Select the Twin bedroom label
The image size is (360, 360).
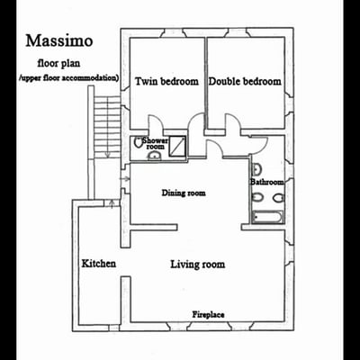tap(166, 82)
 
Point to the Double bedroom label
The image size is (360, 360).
tap(245, 81)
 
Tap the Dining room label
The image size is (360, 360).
tap(184, 193)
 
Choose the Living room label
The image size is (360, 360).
tap(198, 265)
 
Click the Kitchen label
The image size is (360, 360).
tap(99, 264)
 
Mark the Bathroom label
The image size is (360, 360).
tap(267, 183)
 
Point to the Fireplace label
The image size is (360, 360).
tap(208, 314)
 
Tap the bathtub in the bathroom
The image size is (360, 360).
tap(268, 216)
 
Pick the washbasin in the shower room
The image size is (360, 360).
tap(154, 156)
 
